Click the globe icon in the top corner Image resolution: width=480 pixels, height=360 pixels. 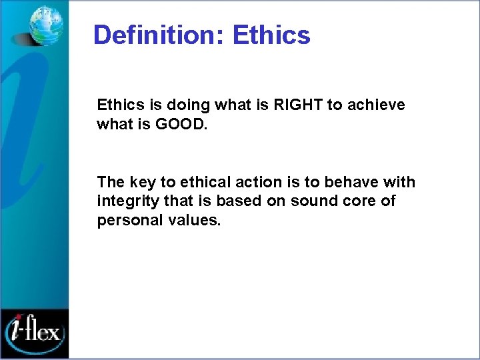tap(45, 25)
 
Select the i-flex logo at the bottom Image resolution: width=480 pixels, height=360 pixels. tap(35, 330)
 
